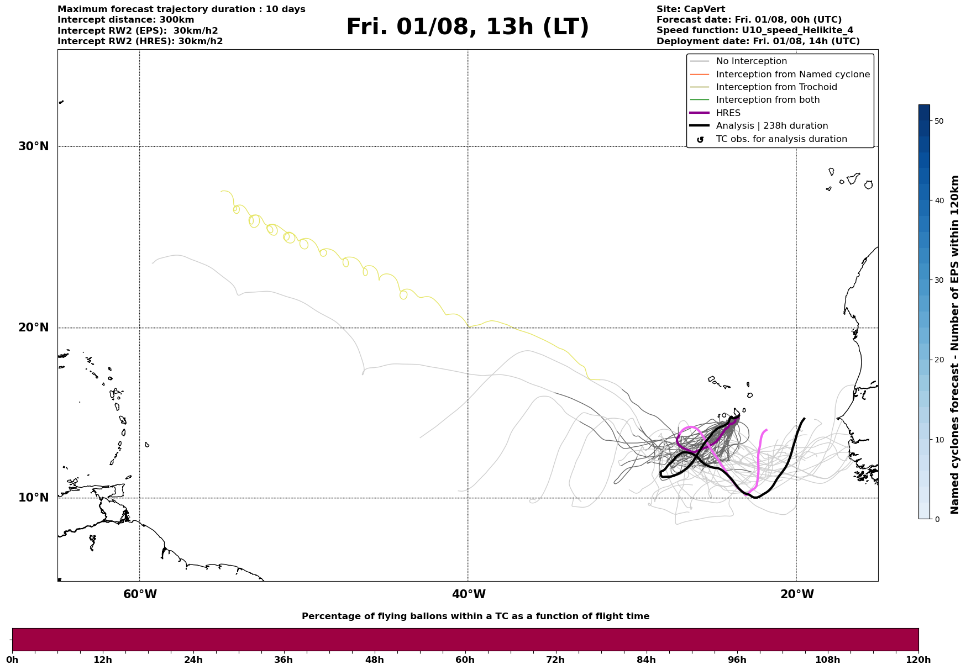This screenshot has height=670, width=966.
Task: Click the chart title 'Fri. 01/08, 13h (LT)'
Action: tap(468, 27)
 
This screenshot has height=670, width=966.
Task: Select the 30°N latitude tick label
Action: tap(33, 146)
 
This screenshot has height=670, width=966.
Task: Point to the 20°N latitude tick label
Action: tap(33, 328)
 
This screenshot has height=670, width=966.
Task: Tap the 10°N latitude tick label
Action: tap(33, 498)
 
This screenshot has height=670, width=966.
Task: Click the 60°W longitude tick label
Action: tap(140, 594)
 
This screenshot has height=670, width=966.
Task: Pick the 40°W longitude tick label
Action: tap(469, 594)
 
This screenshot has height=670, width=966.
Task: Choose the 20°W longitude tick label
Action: tap(797, 594)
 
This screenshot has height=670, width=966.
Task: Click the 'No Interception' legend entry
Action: tap(751, 61)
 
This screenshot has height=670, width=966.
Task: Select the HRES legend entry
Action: tap(728, 113)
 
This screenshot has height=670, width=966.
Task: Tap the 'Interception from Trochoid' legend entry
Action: tap(776, 87)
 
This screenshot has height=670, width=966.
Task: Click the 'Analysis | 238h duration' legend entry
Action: tap(771, 126)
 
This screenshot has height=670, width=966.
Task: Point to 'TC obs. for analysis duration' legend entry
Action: tap(781, 139)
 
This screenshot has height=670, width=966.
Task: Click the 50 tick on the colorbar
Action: tap(938, 121)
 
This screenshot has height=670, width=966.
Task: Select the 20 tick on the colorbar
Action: tap(938, 360)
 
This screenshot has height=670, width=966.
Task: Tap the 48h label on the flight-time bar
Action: tap(374, 660)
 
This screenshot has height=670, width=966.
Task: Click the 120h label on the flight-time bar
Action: tap(918, 660)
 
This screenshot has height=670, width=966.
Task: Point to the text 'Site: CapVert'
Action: tap(690, 9)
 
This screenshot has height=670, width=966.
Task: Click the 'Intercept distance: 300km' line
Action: tap(125, 20)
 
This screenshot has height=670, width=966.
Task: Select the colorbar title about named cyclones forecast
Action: tap(955, 345)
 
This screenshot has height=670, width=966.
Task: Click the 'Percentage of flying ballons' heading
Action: tap(475, 616)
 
